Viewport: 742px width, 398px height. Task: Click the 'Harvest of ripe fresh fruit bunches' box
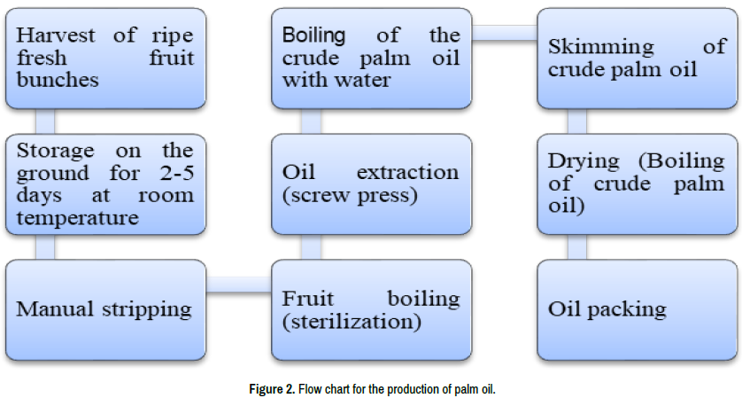[x=105, y=58]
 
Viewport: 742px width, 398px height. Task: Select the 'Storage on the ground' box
[x=105, y=183]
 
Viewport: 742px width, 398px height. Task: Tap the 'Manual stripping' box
[x=105, y=309]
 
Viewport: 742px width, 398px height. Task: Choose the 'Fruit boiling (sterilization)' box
[x=371, y=309]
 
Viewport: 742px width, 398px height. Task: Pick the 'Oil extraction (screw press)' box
[x=371, y=183]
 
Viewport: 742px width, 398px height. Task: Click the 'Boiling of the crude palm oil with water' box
[x=371, y=58]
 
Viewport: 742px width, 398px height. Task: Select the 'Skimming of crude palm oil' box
[x=637, y=58]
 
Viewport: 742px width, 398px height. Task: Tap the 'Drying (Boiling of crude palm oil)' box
[x=637, y=183]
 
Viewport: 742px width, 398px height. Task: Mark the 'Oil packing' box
[x=637, y=309]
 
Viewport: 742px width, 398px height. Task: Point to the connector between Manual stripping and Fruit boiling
[x=238, y=284]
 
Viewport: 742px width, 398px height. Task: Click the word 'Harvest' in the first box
[x=55, y=36]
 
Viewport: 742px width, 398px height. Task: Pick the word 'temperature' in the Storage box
[x=78, y=216]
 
